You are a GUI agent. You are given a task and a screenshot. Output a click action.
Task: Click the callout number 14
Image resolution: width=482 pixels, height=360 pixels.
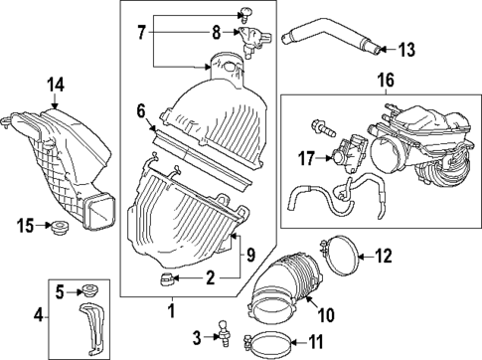point(55,87)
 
